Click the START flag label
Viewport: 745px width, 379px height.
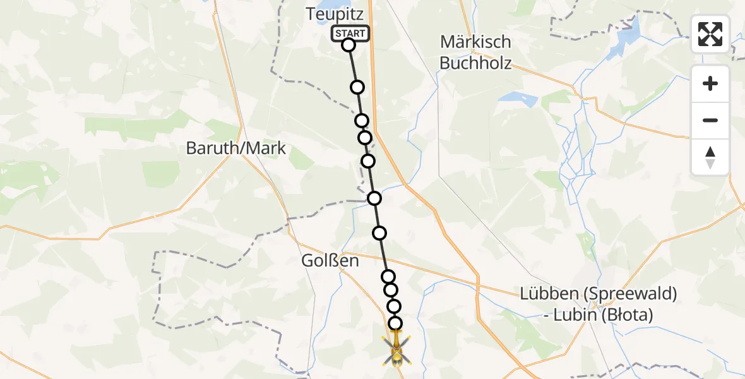click(x=350, y=33)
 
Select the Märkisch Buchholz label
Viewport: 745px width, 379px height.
click(x=475, y=52)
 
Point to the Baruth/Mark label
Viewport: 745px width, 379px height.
click(x=236, y=148)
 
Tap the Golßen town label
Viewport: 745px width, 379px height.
click(x=330, y=260)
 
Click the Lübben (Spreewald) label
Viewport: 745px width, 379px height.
click(x=599, y=294)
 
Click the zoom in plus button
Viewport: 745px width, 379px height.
click(x=710, y=83)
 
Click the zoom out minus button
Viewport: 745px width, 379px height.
click(x=710, y=120)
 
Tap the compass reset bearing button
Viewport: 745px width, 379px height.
click(x=710, y=157)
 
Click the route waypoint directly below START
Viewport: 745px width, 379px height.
click(x=349, y=45)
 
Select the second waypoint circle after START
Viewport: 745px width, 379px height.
click(x=362, y=121)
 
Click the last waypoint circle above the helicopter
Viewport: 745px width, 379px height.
click(x=395, y=323)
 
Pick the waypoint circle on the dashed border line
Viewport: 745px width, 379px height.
click(x=374, y=198)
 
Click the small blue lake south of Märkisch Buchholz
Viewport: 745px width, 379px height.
click(x=518, y=99)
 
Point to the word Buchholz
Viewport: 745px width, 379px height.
click(x=475, y=63)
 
